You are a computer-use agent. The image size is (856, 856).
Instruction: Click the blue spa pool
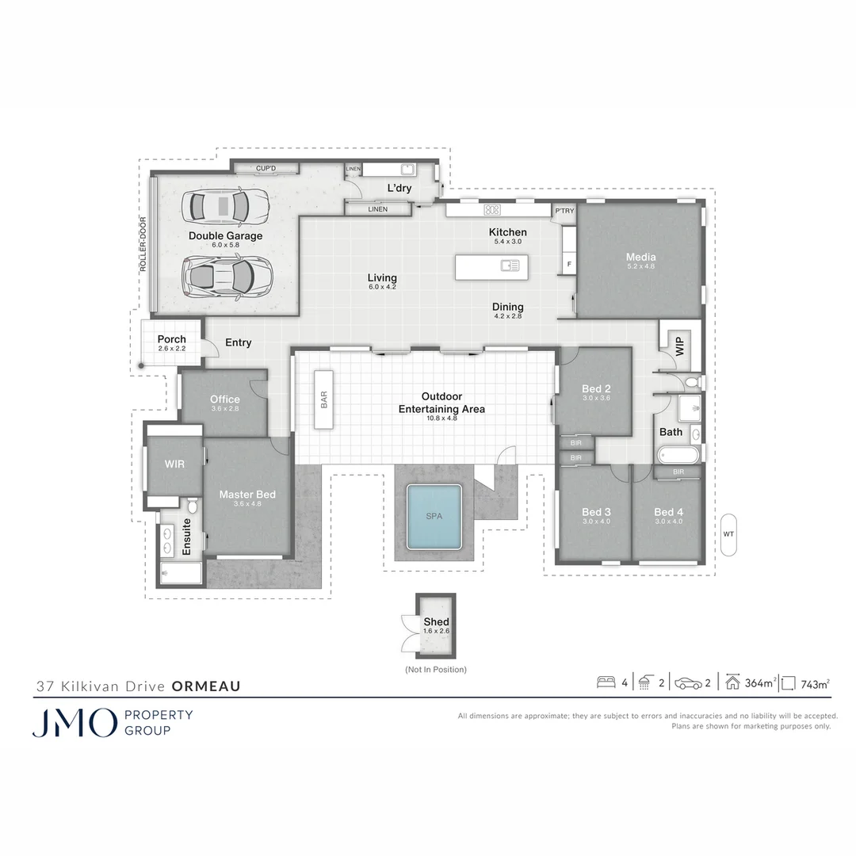[x=434, y=517]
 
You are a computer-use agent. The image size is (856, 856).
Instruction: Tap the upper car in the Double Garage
[x=225, y=206]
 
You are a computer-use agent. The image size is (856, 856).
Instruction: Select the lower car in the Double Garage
[x=225, y=277]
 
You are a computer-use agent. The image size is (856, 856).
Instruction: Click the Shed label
[x=436, y=622]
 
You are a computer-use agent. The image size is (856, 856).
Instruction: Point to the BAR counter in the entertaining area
[x=323, y=399]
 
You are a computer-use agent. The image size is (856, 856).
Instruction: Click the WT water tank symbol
[x=728, y=534]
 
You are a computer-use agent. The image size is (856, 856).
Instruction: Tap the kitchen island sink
[x=510, y=266]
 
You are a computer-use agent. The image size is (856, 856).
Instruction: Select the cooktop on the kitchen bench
[x=492, y=209]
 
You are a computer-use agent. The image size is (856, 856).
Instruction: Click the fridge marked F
[x=569, y=264]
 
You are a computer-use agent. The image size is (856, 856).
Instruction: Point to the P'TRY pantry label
[x=564, y=211]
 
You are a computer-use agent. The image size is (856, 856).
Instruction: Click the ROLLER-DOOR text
[x=143, y=244]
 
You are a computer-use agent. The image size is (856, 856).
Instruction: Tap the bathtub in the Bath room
[x=678, y=455]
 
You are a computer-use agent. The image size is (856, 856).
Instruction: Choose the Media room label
[x=641, y=257]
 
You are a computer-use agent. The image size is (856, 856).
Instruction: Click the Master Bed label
[x=247, y=495]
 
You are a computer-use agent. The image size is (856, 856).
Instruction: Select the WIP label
[x=679, y=346]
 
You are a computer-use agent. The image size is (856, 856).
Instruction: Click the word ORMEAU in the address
[x=206, y=686]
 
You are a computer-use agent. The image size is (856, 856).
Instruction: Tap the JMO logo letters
[x=75, y=722]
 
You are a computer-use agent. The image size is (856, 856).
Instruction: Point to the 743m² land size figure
[x=815, y=683]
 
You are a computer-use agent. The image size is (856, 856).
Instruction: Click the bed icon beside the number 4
[x=606, y=682]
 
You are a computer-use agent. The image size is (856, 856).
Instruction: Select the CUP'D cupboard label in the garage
[x=266, y=168]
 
